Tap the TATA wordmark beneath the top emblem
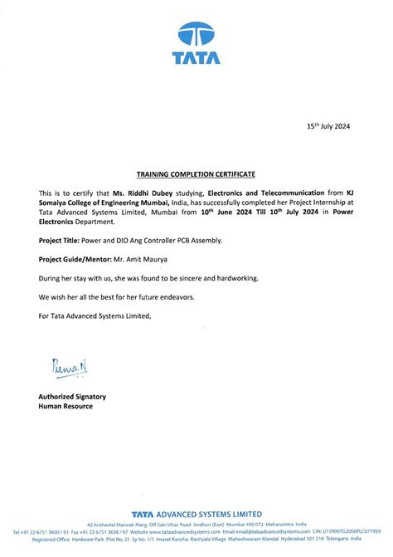click(196, 59)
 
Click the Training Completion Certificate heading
click(196, 175)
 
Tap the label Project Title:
click(61, 241)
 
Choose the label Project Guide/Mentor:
click(75, 259)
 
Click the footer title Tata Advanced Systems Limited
click(196, 514)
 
